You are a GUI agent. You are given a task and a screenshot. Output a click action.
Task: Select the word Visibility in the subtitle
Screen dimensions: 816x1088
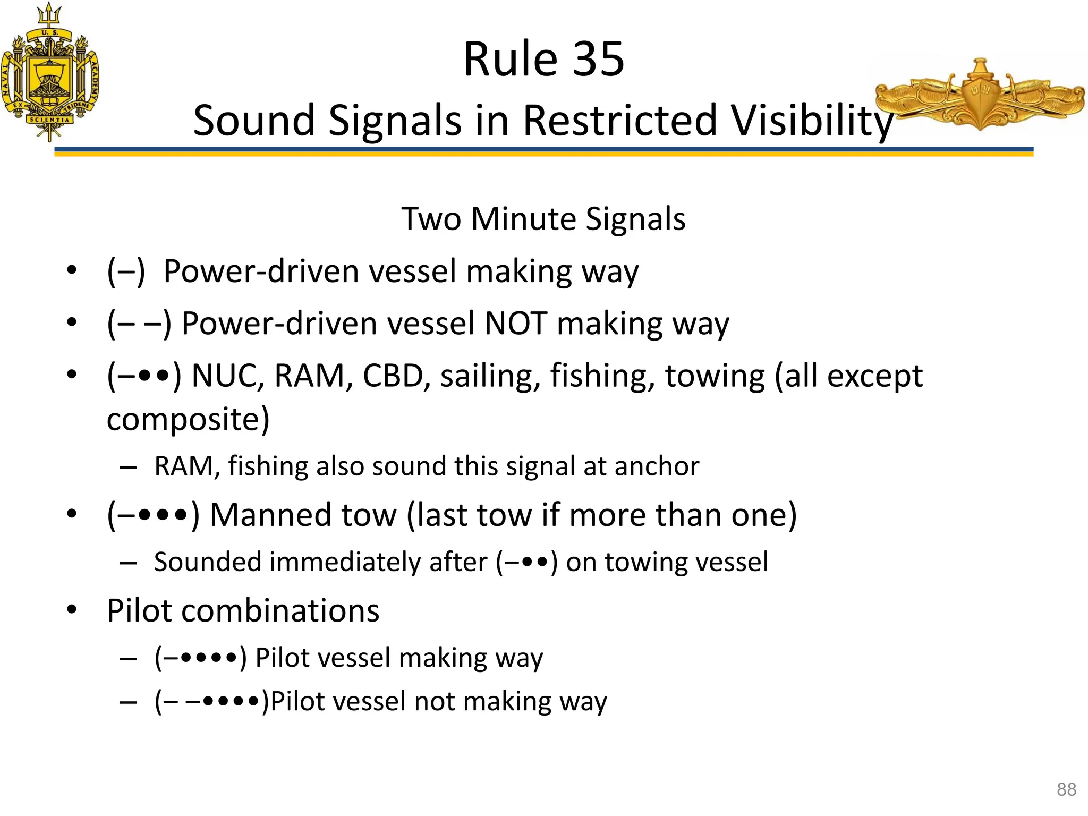pyautogui.click(x=813, y=121)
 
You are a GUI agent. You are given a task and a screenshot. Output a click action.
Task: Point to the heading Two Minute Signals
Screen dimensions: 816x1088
pyautogui.click(x=543, y=219)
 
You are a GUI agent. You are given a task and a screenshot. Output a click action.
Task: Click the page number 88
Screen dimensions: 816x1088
pyautogui.click(x=1066, y=789)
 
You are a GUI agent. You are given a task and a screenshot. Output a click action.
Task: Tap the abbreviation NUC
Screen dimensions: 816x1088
pyautogui.click(x=228, y=376)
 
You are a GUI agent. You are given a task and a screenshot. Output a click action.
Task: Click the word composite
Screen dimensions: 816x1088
pyautogui.click(x=188, y=420)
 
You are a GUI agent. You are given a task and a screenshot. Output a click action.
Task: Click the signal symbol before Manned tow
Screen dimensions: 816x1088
pyautogui.click(x=153, y=515)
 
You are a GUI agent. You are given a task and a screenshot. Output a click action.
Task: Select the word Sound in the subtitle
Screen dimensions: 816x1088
pyautogui.click(x=255, y=121)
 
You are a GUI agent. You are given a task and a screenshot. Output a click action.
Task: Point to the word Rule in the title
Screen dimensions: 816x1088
pyautogui.click(x=505, y=59)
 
